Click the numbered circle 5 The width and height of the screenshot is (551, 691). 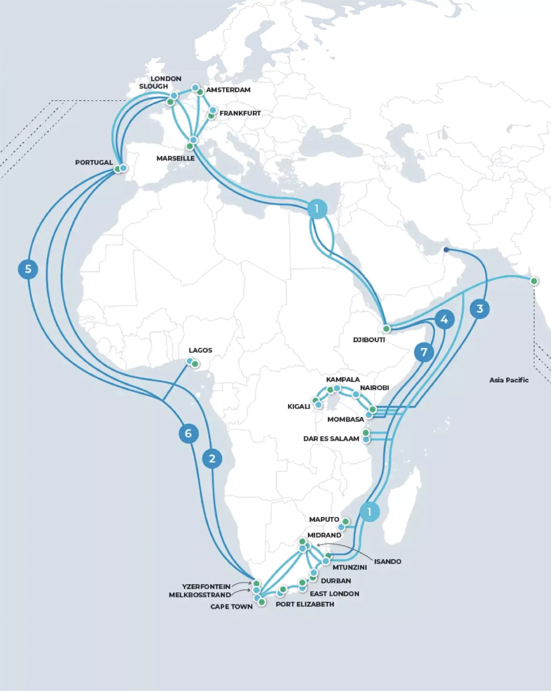(x=28, y=269)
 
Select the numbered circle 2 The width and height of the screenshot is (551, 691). (x=212, y=459)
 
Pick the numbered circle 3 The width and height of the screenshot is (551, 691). (x=479, y=309)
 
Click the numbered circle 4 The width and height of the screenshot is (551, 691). (x=444, y=319)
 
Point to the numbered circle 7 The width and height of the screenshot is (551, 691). (x=424, y=352)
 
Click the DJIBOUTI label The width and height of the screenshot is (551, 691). (x=369, y=340)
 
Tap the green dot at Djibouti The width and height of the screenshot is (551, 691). (x=387, y=329)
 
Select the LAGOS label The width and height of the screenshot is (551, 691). (x=200, y=350)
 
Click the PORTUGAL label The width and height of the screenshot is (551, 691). (x=94, y=163)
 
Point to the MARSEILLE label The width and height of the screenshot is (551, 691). (x=176, y=158)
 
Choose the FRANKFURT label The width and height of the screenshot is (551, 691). (x=240, y=113)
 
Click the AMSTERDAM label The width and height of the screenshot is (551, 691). (x=228, y=90)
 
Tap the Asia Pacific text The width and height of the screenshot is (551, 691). (x=509, y=380)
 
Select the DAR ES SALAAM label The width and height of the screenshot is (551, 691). (x=331, y=439)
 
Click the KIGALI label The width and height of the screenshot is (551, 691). (x=299, y=406)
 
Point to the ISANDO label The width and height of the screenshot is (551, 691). (x=387, y=562)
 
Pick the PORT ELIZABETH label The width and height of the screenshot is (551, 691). (x=305, y=604)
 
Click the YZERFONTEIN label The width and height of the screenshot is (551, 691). (x=206, y=587)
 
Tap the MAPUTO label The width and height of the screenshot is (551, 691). (x=324, y=519)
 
